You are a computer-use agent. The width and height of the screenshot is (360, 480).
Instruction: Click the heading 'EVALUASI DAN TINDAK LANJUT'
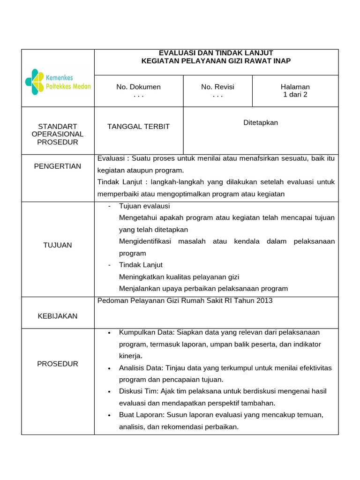tap(216, 53)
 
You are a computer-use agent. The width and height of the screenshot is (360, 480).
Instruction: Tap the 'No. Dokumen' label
tap(138, 87)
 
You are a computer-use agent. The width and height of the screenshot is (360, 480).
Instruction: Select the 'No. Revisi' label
tap(217, 87)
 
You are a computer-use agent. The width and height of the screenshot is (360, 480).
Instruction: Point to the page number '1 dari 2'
tap(295, 95)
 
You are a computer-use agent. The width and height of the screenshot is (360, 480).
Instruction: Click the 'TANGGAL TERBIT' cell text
tap(138, 127)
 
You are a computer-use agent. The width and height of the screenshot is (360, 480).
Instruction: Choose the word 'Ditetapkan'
tap(261, 123)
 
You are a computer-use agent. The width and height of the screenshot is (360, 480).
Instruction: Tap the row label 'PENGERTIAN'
tap(58, 166)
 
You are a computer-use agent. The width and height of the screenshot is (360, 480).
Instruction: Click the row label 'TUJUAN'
tap(58, 245)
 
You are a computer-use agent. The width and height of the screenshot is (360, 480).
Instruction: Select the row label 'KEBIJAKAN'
tap(58, 316)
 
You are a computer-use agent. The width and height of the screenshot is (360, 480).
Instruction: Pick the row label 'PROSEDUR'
tap(58, 364)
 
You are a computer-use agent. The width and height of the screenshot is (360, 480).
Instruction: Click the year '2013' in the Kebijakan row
tap(263, 300)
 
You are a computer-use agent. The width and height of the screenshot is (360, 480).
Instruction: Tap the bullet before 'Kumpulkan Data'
tap(109, 333)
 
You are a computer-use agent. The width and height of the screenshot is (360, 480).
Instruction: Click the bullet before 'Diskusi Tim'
tap(109, 391)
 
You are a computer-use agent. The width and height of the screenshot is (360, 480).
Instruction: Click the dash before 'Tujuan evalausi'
tap(109, 206)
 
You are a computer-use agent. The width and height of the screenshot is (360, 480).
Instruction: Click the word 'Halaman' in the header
tap(295, 87)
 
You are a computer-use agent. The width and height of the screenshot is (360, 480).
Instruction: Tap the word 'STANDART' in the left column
tap(58, 127)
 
